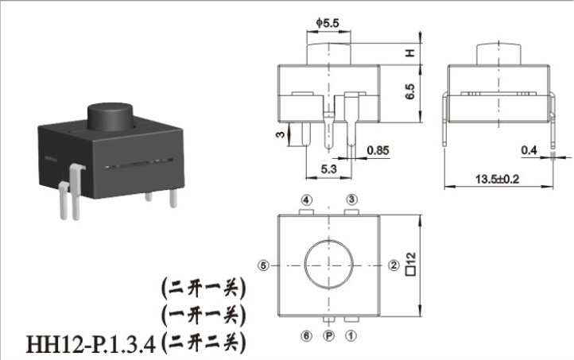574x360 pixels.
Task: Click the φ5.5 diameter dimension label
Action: pos(328,23)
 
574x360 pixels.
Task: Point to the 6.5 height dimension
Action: pos(410,91)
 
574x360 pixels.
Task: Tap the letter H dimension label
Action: pos(410,53)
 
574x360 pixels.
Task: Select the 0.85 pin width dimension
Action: pos(378,150)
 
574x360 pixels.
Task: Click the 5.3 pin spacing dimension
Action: pos(328,169)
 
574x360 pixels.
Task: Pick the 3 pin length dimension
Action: pos(280,134)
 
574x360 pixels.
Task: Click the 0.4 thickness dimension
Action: pos(529,150)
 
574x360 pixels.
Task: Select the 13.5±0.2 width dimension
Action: pos(497,180)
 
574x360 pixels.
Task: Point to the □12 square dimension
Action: pos(411,263)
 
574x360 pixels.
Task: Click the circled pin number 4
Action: pos(307,199)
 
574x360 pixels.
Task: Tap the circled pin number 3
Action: pos(352,199)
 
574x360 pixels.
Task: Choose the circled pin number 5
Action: pos(263,265)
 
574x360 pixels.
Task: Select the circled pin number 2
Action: pos(394,265)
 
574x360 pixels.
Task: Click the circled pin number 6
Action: pos(306,335)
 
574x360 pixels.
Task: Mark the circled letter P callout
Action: pos(329,335)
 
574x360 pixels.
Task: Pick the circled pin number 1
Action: pos(351,335)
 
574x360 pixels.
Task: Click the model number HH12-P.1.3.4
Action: pos(91,343)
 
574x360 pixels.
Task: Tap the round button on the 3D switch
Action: pos(110,117)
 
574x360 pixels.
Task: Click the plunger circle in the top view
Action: pos(329,265)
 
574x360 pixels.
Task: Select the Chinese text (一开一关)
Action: pos(204,315)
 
